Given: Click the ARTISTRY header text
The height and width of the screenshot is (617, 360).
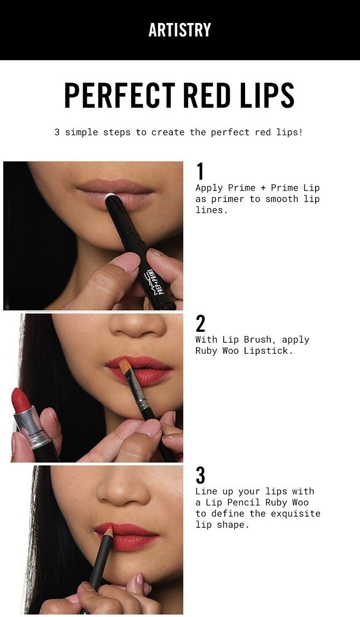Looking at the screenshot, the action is (180, 30).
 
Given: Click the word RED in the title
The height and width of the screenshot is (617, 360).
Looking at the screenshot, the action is (207, 95).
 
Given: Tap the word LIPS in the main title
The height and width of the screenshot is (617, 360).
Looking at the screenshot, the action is (268, 95).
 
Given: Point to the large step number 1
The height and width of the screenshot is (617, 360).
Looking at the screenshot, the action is (200, 171).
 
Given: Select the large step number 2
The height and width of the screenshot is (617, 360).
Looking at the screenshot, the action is (200, 324).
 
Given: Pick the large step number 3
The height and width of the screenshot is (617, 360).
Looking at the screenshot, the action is (200, 475).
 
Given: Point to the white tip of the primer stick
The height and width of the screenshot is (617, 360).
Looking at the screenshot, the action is (111, 196).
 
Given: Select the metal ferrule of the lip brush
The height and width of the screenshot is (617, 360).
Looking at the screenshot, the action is (139, 395).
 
